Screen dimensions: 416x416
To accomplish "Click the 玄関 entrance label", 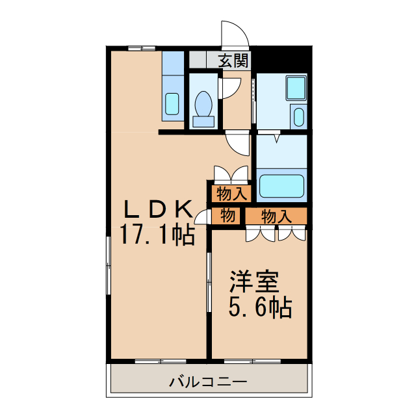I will tap(233, 62).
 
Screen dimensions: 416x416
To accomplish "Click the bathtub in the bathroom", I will tap(281, 186).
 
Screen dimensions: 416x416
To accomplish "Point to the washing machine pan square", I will tap(295, 88).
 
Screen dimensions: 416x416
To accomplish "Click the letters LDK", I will tap(157, 209).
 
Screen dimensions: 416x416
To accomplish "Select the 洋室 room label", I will tap(253, 282).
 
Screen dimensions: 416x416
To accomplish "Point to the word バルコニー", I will tap(207, 382).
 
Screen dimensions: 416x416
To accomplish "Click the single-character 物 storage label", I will tap(226, 216).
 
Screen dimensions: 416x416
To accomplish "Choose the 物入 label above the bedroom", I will tap(276, 216).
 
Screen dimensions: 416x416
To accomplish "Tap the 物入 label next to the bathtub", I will tap(231, 194).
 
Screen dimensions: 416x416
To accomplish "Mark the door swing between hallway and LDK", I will tap(238, 144).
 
